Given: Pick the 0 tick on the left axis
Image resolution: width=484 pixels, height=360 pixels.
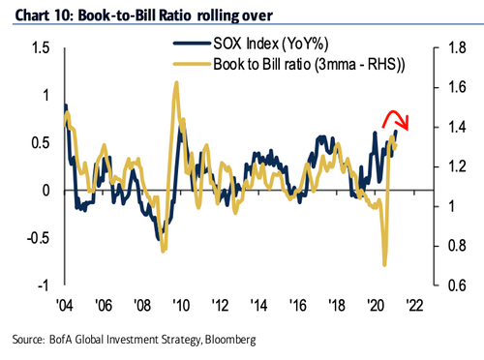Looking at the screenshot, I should click(x=45, y=191).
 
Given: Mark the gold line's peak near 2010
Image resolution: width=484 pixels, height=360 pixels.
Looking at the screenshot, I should click(x=176, y=83).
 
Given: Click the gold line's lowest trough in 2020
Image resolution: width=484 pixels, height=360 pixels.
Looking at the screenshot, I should click(x=385, y=264).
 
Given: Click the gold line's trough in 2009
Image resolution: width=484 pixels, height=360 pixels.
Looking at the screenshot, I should click(x=163, y=250).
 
